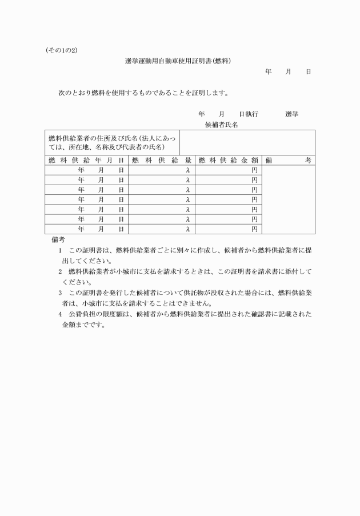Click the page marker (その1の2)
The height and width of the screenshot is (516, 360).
point(61,50)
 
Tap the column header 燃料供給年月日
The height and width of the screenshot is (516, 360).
point(86,161)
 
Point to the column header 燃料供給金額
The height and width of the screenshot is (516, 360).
point(228,161)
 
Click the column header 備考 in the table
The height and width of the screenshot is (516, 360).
point(288,161)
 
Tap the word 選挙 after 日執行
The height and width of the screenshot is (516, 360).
point(291,114)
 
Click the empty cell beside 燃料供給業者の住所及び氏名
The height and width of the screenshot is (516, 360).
point(247,142)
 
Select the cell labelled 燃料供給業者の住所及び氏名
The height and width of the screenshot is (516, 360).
point(112,142)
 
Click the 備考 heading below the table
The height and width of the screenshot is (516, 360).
point(58,239)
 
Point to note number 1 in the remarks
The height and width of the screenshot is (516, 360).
point(60,250)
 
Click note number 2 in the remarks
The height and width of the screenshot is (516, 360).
point(60,271)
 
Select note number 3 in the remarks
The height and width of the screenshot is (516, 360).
point(60,293)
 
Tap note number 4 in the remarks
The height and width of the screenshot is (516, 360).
point(60,314)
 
